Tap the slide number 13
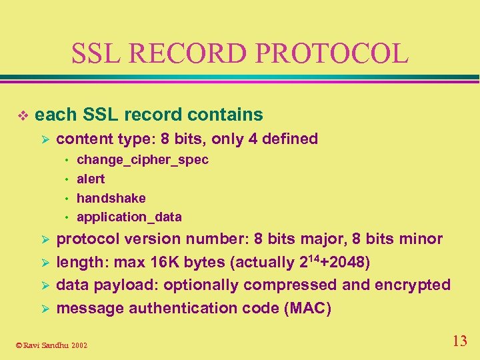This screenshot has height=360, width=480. [x=459, y=341]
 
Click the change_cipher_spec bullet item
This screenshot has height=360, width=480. [x=143, y=160]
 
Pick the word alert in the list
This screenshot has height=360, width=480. [x=91, y=179]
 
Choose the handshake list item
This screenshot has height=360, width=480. [x=111, y=198]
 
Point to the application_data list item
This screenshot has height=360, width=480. [x=129, y=217]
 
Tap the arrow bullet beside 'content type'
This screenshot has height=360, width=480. [x=45, y=139]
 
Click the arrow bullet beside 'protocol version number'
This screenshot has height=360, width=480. [x=45, y=239]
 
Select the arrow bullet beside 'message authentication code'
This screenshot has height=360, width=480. [x=45, y=309]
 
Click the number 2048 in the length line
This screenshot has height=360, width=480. [x=347, y=262]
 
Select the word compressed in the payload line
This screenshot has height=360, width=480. [x=290, y=285]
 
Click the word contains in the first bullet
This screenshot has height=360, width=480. [x=225, y=115]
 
